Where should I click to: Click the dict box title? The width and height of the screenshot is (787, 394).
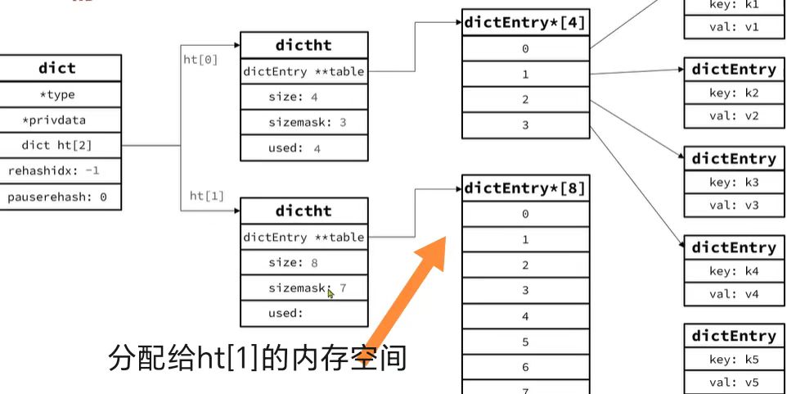click(57, 68)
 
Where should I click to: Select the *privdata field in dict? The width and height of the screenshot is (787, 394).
click(57, 120)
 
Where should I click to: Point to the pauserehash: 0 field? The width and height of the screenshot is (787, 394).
click(57, 197)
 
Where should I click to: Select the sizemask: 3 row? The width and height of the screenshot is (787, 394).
click(304, 122)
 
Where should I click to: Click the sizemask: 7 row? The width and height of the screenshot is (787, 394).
click(304, 288)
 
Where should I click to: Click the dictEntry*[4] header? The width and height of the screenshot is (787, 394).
click(525, 23)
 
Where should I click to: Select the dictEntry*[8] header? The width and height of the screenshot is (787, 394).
click(525, 188)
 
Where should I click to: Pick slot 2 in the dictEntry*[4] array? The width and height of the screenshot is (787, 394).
click(525, 99)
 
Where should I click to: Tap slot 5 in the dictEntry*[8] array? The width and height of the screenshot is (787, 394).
click(525, 342)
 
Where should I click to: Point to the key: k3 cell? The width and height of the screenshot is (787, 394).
click(734, 181)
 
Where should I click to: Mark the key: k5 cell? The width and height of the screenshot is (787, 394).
click(734, 358)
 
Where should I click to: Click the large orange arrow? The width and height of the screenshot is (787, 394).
click(409, 287)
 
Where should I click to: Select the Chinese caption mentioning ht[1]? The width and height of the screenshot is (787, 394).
click(258, 359)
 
